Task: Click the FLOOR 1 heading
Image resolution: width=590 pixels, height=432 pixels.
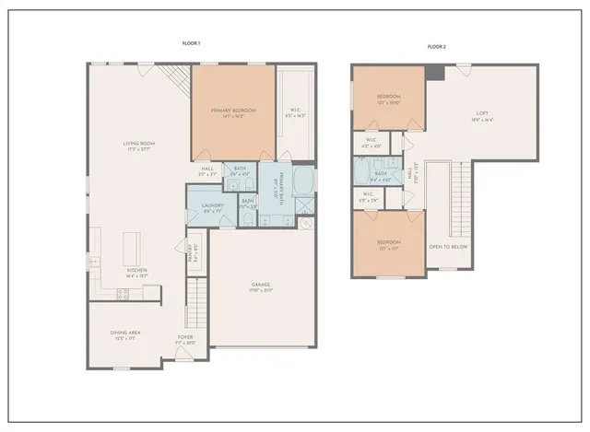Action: click(x=192, y=42)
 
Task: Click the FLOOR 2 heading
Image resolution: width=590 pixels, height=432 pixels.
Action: click(x=436, y=46)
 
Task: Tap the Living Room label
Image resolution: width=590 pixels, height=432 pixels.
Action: click(x=139, y=144)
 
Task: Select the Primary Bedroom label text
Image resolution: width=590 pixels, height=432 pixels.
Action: click(x=233, y=111)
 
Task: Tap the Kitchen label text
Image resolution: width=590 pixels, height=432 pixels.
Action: click(x=136, y=271)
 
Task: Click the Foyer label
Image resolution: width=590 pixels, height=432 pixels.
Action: click(x=185, y=337)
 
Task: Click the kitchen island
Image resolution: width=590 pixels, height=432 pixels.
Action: click(x=132, y=246)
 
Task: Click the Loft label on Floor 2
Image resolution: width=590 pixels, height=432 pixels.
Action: click(x=482, y=113)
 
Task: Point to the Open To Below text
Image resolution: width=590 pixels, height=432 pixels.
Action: click(x=447, y=248)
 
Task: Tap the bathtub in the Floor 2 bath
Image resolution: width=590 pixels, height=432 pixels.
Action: click(x=361, y=172)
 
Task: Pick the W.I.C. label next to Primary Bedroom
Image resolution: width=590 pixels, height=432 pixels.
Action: click(x=294, y=111)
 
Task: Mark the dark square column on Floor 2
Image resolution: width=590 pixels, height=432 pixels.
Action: click(x=436, y=72)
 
